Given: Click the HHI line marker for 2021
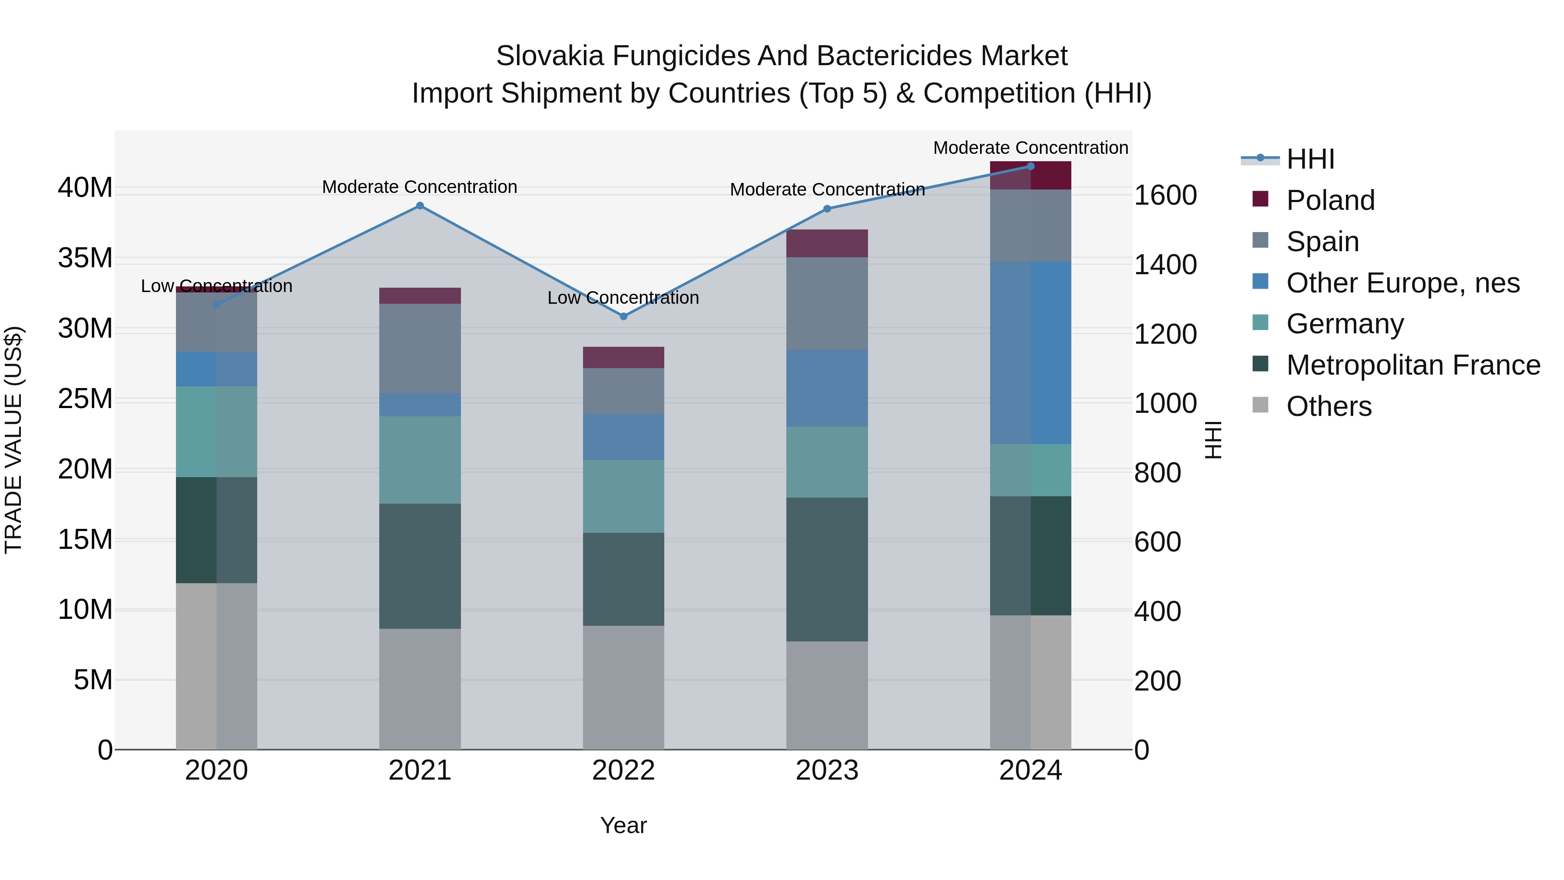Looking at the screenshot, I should (420, 206).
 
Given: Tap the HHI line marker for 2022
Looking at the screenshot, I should (623, 316).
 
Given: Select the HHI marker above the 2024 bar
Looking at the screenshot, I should (1031, 166).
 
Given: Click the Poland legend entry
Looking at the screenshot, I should (1330, 200).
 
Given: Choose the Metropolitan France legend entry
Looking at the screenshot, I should (1412, 365).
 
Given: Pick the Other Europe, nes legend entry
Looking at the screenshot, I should (1402, 283).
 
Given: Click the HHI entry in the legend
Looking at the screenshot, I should (1309, 159).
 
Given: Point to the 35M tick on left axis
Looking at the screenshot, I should (85, 258).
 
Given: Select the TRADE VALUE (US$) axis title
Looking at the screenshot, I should (13, 440).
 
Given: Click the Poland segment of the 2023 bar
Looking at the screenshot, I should (826, 243).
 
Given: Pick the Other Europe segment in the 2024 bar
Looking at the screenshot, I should (1031, 353).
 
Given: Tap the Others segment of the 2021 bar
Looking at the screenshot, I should (420, 689).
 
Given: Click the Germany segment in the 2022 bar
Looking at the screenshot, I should (623, 496).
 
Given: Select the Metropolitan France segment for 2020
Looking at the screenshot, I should (216, 530).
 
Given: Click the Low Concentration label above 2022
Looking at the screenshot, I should (623, 298).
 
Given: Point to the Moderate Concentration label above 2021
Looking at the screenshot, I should (420, 187).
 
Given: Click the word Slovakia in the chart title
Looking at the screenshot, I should (550, 56).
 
